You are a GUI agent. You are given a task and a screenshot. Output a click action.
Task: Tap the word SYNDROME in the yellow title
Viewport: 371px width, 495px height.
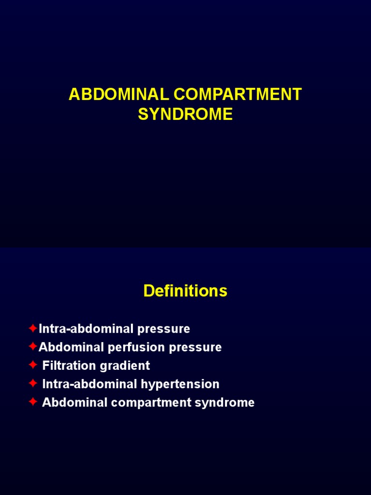tap(185, 115)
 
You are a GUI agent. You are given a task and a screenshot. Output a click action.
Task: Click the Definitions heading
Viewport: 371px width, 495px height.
tap(185, 291)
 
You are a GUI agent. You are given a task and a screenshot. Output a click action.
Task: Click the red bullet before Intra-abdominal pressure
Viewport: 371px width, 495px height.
tap(33, 329)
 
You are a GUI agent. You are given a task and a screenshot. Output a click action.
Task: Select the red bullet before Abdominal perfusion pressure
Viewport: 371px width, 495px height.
tap(33, 347)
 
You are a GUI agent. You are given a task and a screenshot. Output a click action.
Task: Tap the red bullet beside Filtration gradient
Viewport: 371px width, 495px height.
tap(33, 365)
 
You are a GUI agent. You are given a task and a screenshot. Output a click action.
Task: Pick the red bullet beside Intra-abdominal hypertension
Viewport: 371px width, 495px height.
tap(33, 384)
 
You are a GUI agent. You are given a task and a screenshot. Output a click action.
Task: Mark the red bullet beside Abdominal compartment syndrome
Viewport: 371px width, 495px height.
tap(33, 402)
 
